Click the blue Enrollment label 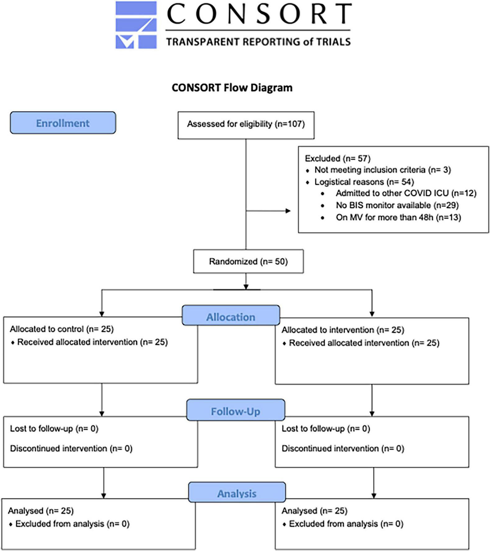point(63,123)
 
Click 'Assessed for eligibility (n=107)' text point(246,124)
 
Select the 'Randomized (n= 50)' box point(248,262)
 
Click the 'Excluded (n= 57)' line point(338,159)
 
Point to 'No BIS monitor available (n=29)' point(397,205)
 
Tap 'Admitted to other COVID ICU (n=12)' point(406,193)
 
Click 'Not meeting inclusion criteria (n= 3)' point(382,170)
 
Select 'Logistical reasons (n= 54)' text point(364,182)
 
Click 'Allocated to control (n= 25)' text point(62,329)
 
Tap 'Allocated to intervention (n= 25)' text point(343,330)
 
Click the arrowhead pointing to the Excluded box point(288,211)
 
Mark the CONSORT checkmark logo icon point(136,25)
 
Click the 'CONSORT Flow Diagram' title point(232,88)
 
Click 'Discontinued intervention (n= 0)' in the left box point(71,449)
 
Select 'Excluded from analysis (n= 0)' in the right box point(346,524)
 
